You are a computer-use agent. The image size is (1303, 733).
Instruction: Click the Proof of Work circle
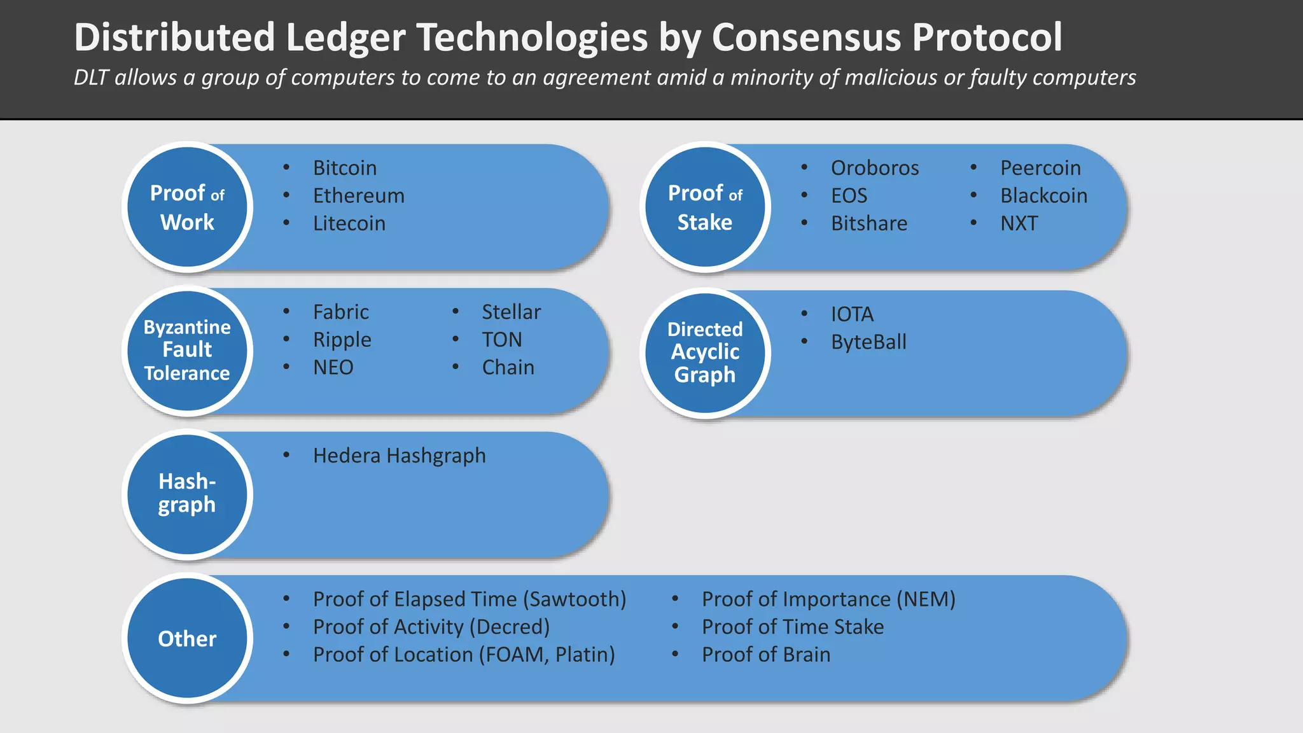point(187,207)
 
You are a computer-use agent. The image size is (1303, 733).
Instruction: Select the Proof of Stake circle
point(705,207)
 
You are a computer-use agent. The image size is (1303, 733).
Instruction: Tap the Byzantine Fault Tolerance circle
point(187,351)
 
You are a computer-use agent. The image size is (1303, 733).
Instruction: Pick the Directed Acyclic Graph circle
point(705,353)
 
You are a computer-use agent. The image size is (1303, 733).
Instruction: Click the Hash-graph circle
point(187,494)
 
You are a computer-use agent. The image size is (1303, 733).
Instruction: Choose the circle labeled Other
point(187,638)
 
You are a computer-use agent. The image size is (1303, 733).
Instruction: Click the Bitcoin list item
point(345,168)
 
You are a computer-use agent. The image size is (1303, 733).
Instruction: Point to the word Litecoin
point(349,223)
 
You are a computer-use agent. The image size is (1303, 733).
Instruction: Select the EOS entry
point(849,196)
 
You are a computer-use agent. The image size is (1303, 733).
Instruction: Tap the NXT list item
point(1019,223)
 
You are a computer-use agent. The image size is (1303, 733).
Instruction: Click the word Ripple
point(342,340)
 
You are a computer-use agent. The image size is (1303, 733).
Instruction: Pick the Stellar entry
point(511,312)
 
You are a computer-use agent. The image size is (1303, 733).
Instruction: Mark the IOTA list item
point(852,314)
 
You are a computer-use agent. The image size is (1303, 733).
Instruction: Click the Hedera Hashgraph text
point(399,456)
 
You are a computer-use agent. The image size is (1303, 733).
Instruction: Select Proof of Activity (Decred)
point(431,627)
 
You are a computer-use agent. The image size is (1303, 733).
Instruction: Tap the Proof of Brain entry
point(766,655)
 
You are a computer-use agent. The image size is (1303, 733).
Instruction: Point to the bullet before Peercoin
point(973,167)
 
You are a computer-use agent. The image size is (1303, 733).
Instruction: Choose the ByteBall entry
point(868,342)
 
